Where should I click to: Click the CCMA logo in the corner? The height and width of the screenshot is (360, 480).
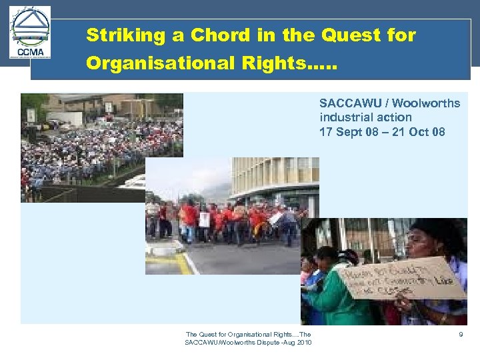click(31, 33)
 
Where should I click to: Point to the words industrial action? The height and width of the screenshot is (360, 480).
click(365, 117)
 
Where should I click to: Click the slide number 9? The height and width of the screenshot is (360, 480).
click(460, 334)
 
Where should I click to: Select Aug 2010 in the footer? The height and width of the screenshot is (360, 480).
click(297, 343)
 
